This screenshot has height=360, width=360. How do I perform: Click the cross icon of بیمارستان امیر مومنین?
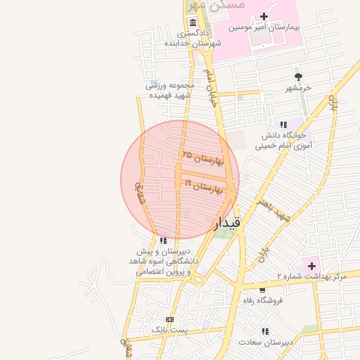click(x=264, y=16)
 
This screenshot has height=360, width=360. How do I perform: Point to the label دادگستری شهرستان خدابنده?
click(x=193, y=38)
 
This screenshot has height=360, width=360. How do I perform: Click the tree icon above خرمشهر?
click(x=298, y=77)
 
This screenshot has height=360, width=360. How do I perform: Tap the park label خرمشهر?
click(x=298, y=89)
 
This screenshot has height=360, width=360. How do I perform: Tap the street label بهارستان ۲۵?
click(x=202, y=157)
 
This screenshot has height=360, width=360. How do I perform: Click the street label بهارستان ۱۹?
click(x=203, y=186)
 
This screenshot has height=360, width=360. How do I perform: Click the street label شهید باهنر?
click(x=274, y=209)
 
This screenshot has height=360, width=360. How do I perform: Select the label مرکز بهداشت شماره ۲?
click(x=312, y=277)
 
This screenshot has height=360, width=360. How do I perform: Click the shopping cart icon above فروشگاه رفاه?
click(x=262, y=290)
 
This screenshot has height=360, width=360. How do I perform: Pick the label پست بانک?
click(x=170, y=329)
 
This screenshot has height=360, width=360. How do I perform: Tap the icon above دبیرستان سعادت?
click(x=264, y=331)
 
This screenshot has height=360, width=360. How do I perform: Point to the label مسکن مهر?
click(x=218, y=5)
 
